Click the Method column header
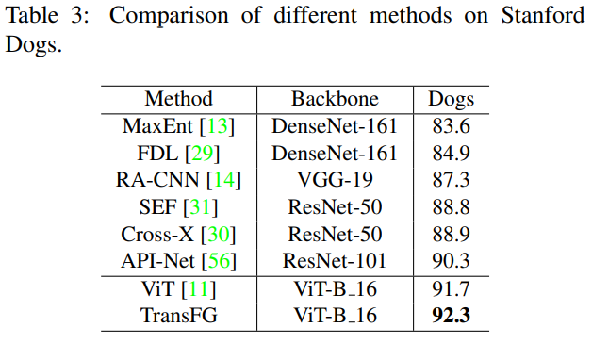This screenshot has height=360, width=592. coord(178,99)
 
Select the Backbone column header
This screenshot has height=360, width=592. coord(335,99)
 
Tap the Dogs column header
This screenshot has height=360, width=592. coord(451,100)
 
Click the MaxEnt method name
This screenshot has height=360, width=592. coord(157,126)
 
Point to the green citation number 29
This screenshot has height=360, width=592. coord(203,154)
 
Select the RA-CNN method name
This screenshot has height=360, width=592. coord(157,180)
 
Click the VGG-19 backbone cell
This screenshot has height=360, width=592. coord(335,180)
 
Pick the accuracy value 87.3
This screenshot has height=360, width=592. coord(451,180)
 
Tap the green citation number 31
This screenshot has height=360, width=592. coord(200,207)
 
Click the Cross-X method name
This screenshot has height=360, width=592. coord(157,235)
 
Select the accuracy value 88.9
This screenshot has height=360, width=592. coord(451,235)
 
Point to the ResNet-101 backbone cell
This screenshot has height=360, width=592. coord(335,261)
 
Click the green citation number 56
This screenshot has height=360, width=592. coord(219,261)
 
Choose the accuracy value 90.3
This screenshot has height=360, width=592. coord(451,261)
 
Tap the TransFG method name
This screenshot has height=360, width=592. coord(178,316)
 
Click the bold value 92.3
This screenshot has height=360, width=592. coord(451,316)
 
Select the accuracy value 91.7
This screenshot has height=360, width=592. coord(451,289)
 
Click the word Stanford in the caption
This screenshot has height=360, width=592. coord(543,16)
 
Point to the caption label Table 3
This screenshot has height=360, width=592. coord(47,16)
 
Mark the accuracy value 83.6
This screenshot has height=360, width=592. coord(451,126)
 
